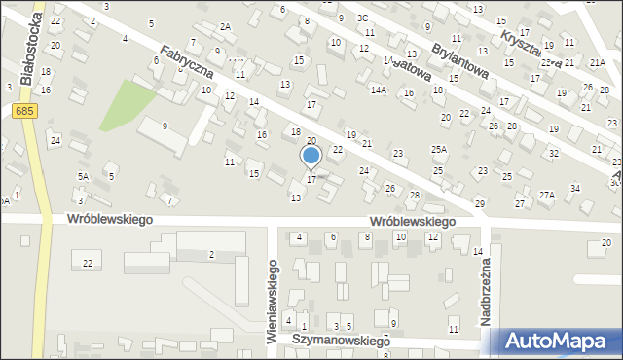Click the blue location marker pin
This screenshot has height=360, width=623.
coord(311,157)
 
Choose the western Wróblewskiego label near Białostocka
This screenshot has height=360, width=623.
coord(111,220)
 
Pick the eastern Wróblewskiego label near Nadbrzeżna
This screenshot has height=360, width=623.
coord(413,222)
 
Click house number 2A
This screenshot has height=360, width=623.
coord(225,26)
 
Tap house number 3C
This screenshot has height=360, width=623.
coord(362,18)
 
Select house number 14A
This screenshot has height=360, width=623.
coord(379,90)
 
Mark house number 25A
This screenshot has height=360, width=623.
coord(439,150)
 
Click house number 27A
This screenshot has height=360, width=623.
coord(546,195)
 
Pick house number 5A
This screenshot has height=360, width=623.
coord(83,176)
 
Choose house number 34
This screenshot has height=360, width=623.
coord(575,188)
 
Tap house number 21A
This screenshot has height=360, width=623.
coord(597,62)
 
